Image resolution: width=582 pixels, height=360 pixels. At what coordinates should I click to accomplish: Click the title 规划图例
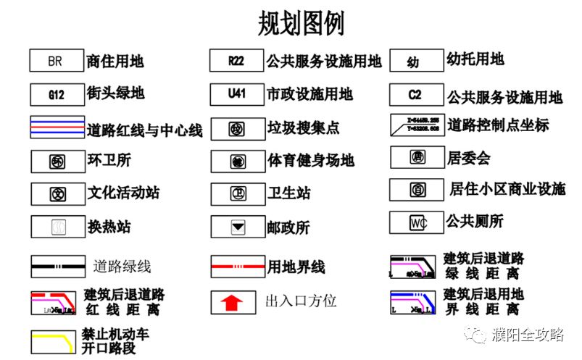coord(301,23)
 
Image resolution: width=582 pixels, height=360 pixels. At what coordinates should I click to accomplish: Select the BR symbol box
coord(55,61)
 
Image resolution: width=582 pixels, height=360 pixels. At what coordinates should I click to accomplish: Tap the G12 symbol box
coord(55,94)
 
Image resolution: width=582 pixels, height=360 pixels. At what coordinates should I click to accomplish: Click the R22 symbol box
coord(236,61)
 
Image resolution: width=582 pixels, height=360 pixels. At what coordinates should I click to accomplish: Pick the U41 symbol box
coord(236,94)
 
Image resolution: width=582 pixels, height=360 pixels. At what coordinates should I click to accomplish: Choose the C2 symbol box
coord(415,95)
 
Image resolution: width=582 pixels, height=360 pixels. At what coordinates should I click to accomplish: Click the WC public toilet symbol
coord(417,222)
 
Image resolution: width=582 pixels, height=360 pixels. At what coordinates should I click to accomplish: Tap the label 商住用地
coord(115,62)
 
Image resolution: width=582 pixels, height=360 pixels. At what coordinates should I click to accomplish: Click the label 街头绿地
coord(115,93)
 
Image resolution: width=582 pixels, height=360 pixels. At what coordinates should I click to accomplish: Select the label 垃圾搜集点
coord(303,128)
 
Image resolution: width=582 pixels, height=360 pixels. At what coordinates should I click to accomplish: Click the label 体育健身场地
coord(310,161)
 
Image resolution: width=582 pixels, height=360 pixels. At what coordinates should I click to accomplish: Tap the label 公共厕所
coord(474,220)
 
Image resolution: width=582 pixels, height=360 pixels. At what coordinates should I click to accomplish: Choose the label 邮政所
coord(288,227)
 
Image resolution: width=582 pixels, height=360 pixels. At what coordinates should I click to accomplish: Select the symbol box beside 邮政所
coord(236,227)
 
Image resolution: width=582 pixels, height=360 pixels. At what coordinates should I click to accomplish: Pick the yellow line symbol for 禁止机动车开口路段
coord(55,340)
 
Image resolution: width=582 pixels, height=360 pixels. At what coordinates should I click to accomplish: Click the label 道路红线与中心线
coord(144,130)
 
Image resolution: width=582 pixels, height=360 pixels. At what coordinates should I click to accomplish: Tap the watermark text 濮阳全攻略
coord(527,335)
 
